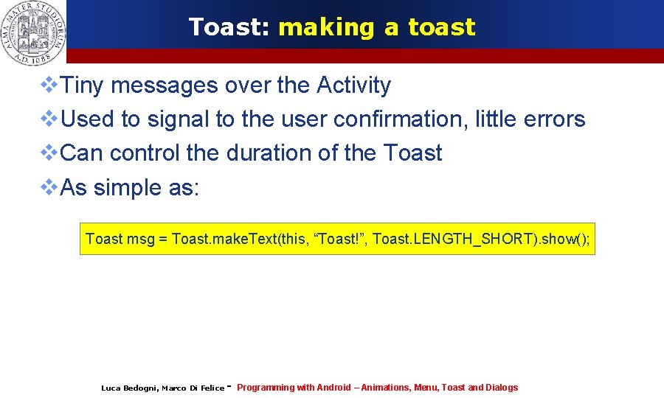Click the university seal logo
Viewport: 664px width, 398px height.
(x=33, y=31)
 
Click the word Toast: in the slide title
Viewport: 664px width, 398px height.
(x=229, y=27)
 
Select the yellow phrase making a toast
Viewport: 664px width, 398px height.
(x=377, y=27)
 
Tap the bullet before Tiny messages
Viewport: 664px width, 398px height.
(x=48, y=85)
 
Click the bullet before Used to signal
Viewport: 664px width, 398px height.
(x=48, y=119)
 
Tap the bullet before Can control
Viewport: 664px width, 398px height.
(x=48, y=153)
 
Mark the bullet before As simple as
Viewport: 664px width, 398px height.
(x=48, y=187)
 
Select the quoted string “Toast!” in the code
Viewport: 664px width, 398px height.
(x=340, y=239)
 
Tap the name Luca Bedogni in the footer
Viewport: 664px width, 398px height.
(x=128, y=388)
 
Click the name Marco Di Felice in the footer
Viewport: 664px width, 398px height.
(x=193, y=388)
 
